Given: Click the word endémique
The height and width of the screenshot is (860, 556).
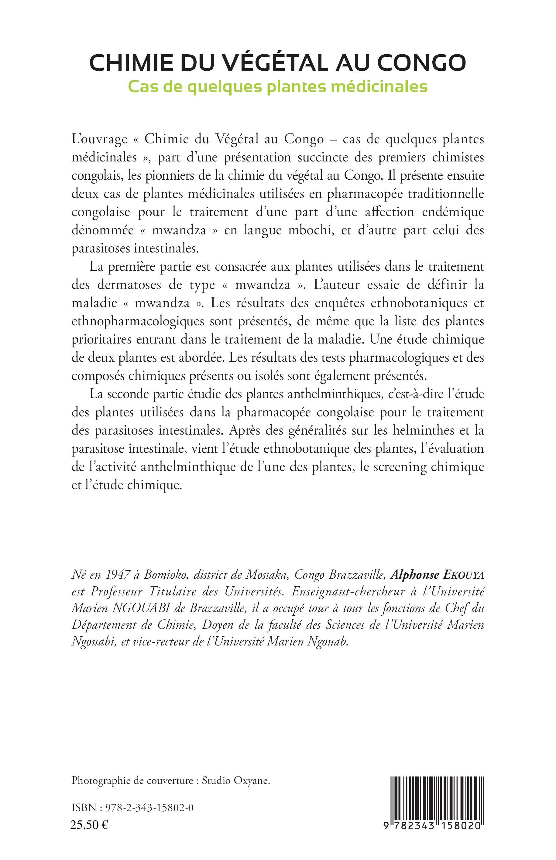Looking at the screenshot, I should (453, 212).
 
